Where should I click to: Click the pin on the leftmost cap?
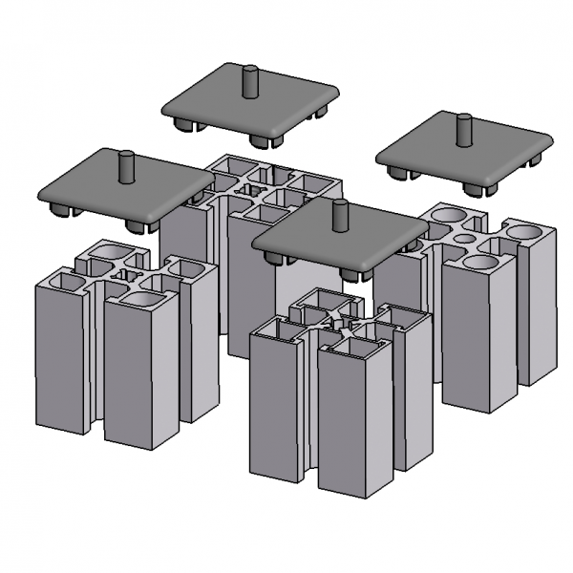tap(125, 166)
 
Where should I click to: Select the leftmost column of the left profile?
tap(59, 363)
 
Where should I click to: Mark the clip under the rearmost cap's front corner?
tap(265, 140)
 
